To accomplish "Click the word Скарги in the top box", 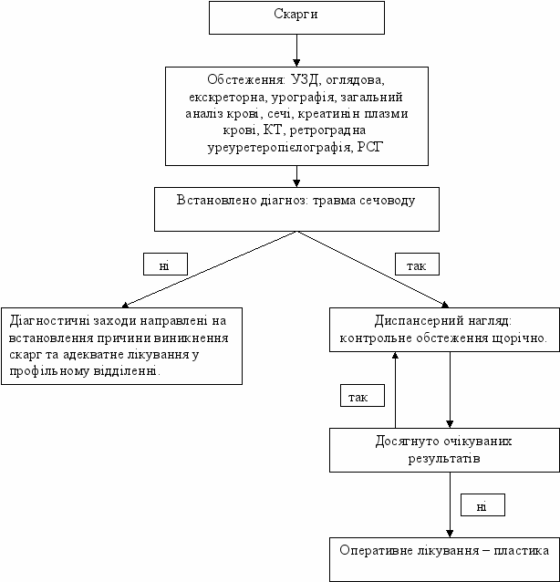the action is pos(296,14).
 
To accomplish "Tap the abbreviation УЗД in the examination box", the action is pos(305,79).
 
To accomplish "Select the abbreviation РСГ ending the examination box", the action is pos(369,147).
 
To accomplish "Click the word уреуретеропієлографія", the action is pos(279,148).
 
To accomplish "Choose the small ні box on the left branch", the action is pos(165,265).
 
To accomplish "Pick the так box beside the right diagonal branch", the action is pos(417,265).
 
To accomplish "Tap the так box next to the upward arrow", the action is pos(363,396).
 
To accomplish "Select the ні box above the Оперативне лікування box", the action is pos(482,504).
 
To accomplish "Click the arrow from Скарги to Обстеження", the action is pos(296,50).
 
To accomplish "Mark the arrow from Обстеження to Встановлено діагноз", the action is pos(296,176).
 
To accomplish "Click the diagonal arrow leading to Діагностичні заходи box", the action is pos(210,269).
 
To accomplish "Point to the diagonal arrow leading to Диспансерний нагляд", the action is pos(373,269).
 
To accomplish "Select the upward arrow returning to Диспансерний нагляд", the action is pos(395,390).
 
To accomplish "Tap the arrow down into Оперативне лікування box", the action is pos(451,504).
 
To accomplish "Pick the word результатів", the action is pos(444,459).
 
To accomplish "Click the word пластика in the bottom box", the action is pos(522,551).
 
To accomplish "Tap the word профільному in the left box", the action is pos(50,371).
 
